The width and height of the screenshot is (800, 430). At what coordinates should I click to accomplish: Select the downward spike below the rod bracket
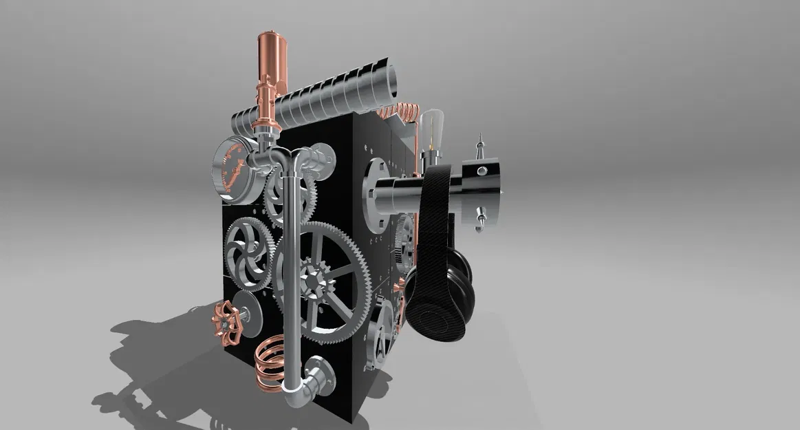(x=480, y=220)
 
